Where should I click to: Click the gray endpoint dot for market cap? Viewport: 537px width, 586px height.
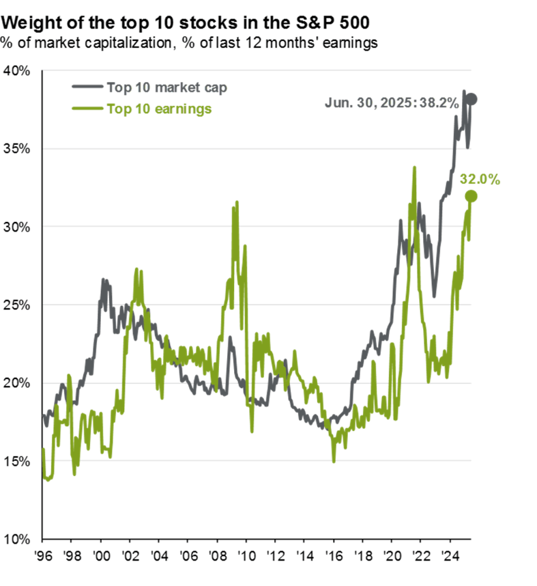tap(471, 99)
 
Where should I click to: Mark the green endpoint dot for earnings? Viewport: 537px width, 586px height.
tap(471, 197)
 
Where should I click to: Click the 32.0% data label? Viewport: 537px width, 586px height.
tap(480, 180)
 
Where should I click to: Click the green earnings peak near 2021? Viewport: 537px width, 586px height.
tap(414, 167)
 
